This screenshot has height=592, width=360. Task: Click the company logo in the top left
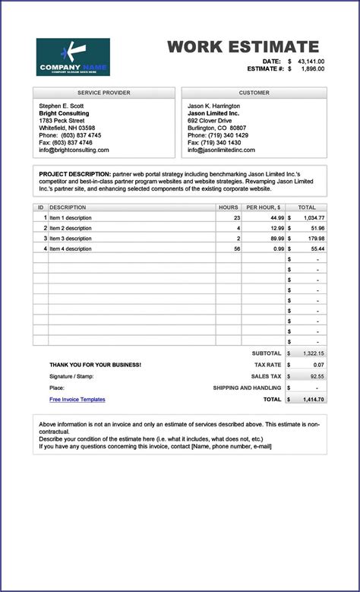pos(73,57)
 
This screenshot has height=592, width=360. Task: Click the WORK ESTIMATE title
pos(243,46)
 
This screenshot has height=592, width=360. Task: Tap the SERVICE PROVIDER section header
pos(104,93)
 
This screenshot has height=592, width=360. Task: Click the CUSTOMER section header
pos(254,93)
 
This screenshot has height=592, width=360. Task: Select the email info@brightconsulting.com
pos(74,150)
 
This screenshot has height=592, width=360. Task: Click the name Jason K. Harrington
pos(214,106)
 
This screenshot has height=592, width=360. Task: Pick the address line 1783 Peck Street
pos(62,120)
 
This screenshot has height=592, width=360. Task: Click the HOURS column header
pos(228,207)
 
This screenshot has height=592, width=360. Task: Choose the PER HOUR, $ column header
pos(264,207)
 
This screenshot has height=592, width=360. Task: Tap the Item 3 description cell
pos(71,238)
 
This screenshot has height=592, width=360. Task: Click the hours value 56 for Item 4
pos(236,249)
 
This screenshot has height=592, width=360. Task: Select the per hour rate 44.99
pos(275,217)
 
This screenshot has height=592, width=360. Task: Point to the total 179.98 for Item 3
pos(313,238)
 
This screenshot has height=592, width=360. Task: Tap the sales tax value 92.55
pos(316,376)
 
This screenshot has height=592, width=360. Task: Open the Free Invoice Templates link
pos(77,399)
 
